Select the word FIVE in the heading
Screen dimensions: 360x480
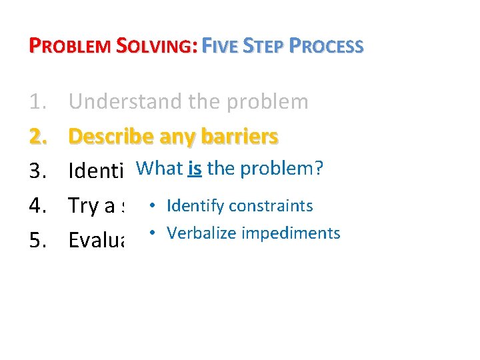[x=221, y=47]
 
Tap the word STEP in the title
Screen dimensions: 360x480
[x=265, y=47]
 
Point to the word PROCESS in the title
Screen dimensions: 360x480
[x=327, y=47]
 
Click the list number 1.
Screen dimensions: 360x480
[x=39, y=102]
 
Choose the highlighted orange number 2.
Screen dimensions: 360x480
[x=39, y=137]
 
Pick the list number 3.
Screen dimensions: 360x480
[x=39, y=171]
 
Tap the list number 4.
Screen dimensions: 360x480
[x=39, y=206]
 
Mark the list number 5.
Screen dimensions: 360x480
[x=39, y=241]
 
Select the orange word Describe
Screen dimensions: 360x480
[x=111, y=137]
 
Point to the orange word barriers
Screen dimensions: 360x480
[x=242, y=137]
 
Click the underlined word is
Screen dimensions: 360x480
[x=195, y=169]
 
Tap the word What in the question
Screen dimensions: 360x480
[x=159, y=169]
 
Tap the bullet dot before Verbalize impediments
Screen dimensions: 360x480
[x=153, y=232]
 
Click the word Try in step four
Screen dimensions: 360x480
[x=83, y=207]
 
